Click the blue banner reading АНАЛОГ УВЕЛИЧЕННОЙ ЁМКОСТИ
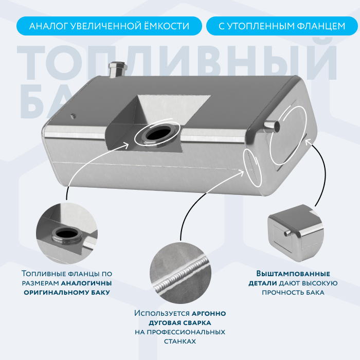click(109, 26)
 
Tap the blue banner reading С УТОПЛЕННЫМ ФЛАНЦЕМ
click(282, 26)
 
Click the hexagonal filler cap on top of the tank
click(118, 69)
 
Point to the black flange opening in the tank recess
click(158, 134)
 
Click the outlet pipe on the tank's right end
click(272, 126)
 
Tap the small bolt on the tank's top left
click(73, 116)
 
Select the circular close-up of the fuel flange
click(67, 233)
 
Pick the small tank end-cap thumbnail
click(296, 233)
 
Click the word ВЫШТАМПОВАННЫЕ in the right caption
click(293, 274)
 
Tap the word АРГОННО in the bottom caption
click(209, 313)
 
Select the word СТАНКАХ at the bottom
click(180, 341)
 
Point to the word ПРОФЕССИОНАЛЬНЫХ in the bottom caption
click(186, 332)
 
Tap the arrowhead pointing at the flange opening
click(126, 145)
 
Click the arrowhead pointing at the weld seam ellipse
click(241, 172)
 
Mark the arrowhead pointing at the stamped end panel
click(308, 141)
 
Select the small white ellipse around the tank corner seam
click(253, 167)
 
